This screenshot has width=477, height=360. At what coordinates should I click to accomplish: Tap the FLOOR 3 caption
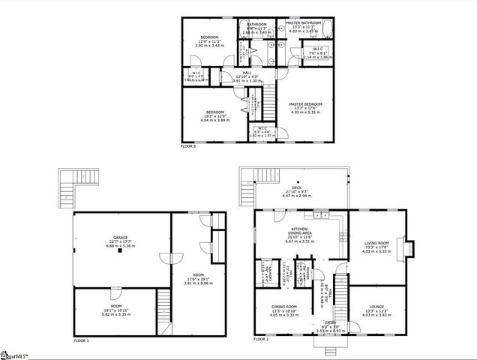click(x=189, y=146)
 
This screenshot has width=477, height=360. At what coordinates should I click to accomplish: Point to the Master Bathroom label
click(x=304, y=28)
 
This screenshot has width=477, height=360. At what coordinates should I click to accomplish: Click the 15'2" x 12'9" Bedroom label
click(x=217, y=116)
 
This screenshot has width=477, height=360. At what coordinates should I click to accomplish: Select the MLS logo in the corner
click(x=18, y=353)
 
